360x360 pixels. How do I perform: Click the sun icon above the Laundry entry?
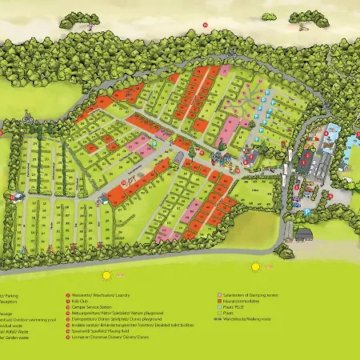[x=78, y=266]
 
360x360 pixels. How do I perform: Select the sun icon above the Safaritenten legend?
[x=255, y=266]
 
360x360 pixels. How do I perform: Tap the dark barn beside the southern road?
[x=303, y=234]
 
